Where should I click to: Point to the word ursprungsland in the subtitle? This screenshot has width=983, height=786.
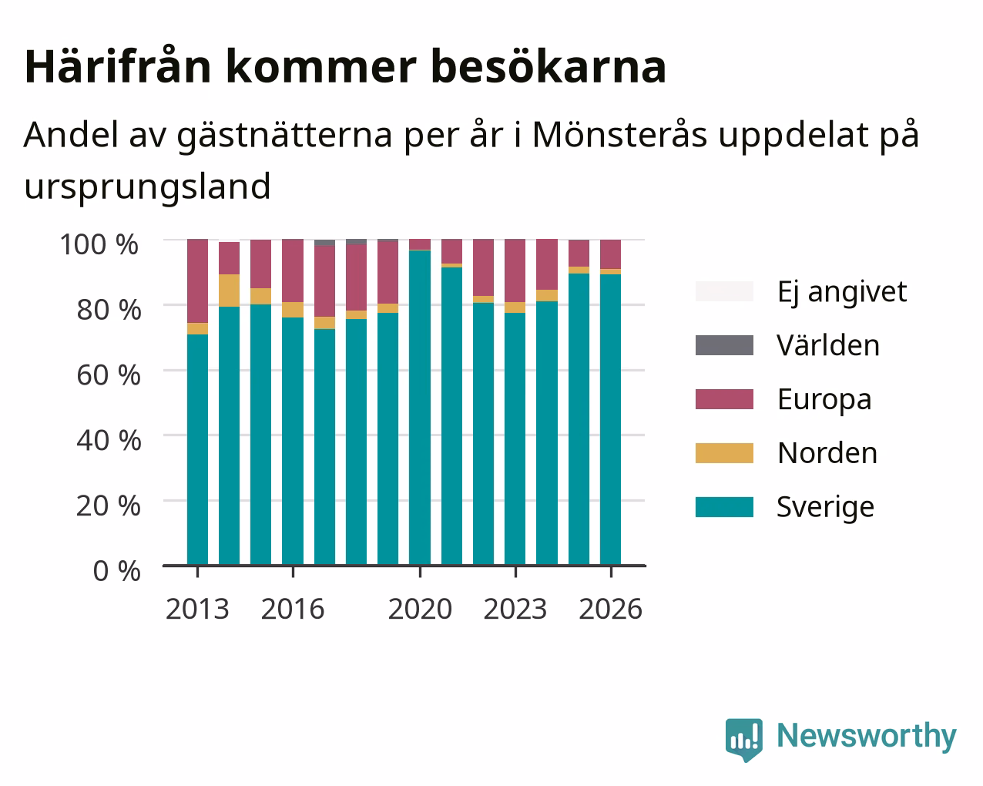click(148, 187)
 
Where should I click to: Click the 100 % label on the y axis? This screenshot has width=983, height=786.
click(99, 244)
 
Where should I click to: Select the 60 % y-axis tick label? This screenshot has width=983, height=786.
click(109, 375)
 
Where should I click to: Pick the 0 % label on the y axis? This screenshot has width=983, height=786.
click(117, 571)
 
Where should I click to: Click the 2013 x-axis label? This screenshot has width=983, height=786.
click(197, 609)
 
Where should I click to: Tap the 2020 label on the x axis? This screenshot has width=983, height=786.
click(421, 609)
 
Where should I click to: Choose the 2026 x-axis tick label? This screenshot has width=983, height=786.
click(611, 609)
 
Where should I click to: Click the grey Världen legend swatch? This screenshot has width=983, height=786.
click(724, 345)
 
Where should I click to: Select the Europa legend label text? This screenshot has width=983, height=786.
click(824, 399)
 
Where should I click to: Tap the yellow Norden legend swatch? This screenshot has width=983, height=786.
click(724, 453)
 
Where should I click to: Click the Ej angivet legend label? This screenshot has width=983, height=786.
click(842, 291)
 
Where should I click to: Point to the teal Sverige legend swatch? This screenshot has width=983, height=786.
click(724, 507)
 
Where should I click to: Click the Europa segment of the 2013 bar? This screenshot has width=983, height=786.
click(197, 281)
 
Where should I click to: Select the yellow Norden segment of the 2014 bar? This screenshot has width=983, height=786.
click(230, 291)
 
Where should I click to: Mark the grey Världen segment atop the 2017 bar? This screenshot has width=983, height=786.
click(325, 243)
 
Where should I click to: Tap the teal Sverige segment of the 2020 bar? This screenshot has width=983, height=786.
click(420, 408)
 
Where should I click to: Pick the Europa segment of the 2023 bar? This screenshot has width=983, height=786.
click(515, 270)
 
